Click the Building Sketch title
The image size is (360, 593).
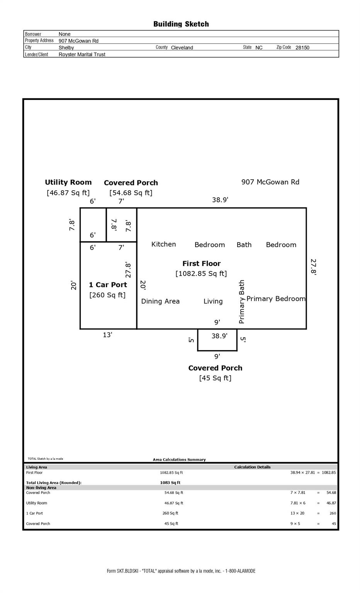coord(181,24)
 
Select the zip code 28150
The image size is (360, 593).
coord(302,47)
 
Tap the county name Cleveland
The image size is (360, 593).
coord(182,47)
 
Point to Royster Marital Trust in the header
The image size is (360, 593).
coord(82,54)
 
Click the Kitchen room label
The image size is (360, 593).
coord(163,244)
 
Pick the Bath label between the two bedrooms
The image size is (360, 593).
coord(244,245)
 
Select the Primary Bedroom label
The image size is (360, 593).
coord(276,299)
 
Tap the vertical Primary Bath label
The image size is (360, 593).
coord(241,302)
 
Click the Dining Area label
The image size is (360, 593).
coord(160,301)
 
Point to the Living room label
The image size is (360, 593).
coord(213,301)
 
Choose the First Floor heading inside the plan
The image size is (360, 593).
coord(201,263)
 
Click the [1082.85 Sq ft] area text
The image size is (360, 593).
coord(201,273)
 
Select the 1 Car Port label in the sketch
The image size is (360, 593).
coord(108,285)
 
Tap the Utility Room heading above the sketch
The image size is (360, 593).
coord(68,182)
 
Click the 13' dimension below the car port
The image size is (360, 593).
coord(107,335)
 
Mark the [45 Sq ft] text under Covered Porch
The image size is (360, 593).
coord(215,378)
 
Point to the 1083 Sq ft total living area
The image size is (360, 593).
coord(170,483)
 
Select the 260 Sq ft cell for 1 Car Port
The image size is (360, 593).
coord(170,513)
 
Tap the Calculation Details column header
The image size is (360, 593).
coord(252,467)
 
